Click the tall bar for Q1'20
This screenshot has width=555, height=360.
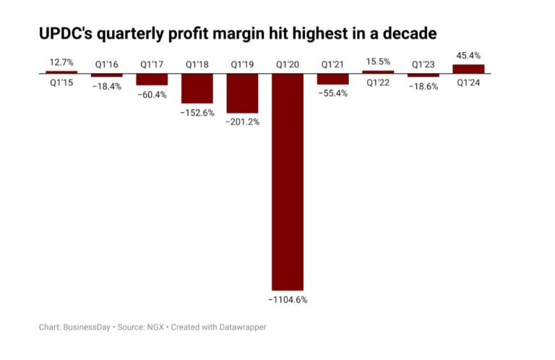click(288, 181)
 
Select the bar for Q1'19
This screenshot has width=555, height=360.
click(242, 93)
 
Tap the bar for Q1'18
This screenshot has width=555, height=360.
click(197, 88)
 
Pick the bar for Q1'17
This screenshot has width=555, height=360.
click(152, 80)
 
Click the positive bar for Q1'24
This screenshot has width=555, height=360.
click(468, 69)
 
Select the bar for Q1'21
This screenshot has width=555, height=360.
click(332, 79)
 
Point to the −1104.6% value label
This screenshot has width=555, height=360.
click(288, 299)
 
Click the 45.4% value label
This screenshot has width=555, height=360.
click(468, 56)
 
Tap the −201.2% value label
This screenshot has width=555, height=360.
click(242, 121)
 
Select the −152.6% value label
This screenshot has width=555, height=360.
click(197, 112)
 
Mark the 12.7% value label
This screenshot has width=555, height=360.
click(61, 62)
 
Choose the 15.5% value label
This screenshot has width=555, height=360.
click(378, 62)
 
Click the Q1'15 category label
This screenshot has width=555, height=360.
click(61, 82)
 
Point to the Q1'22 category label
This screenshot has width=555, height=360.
click(378, 82)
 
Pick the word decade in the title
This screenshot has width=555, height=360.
click(410, 33)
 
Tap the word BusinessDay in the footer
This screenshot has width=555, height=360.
click(86, 327)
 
